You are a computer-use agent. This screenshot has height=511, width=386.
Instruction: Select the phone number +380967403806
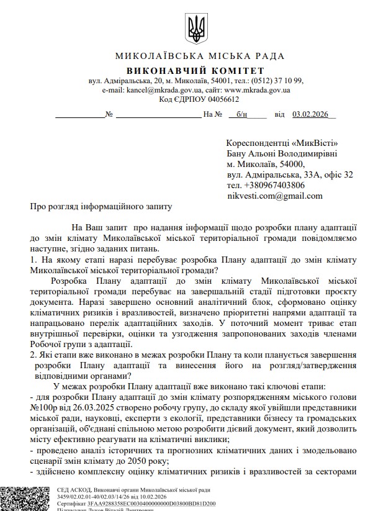274,185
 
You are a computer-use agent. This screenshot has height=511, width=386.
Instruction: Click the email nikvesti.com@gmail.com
274,196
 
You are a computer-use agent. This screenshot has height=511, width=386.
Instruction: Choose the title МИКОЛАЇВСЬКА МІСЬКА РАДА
193,57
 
